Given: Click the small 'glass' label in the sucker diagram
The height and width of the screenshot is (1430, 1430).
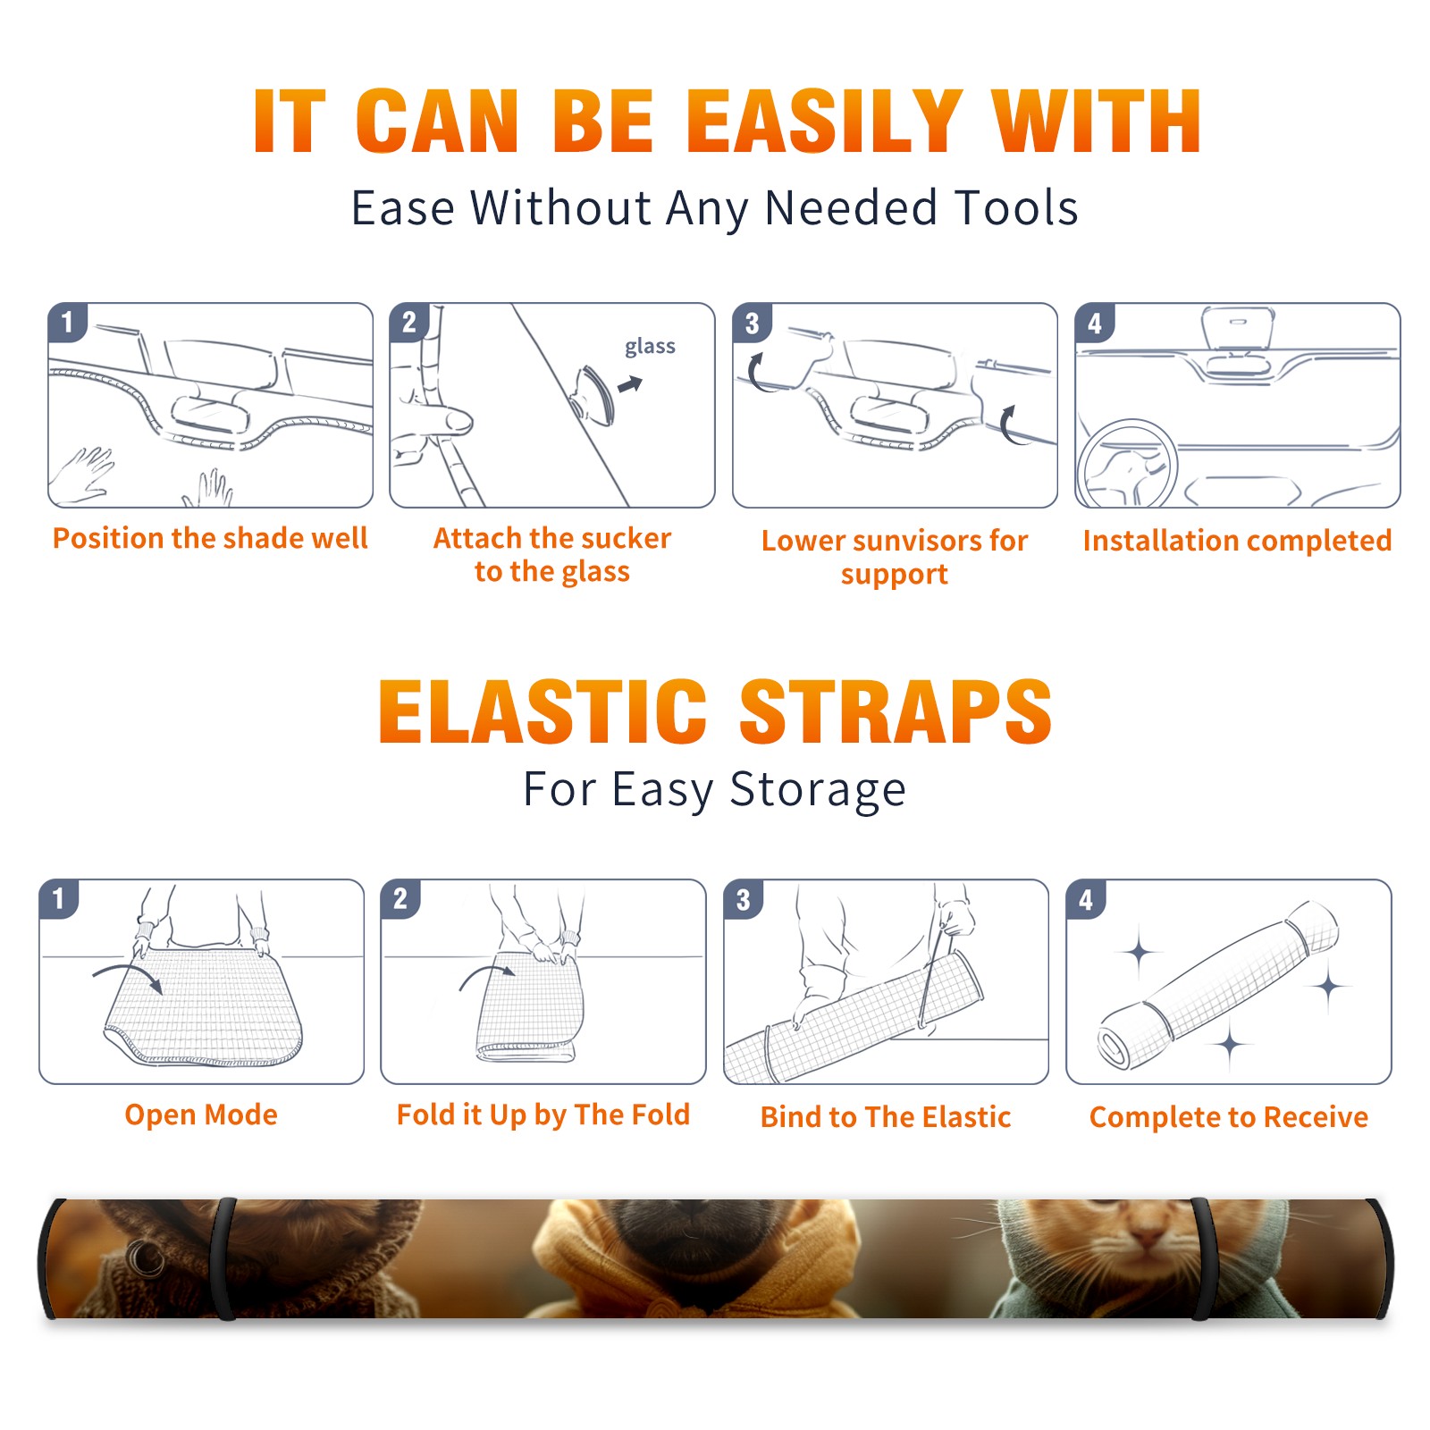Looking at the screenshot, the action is pos(650,347).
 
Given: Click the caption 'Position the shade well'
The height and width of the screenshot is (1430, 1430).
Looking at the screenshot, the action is pos(210,538).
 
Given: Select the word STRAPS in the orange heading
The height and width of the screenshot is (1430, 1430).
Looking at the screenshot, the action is pos(895,711).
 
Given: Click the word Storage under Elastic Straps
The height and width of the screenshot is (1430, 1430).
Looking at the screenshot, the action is pos(818,790).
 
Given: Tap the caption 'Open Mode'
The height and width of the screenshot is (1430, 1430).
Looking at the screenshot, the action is pos(201,1115).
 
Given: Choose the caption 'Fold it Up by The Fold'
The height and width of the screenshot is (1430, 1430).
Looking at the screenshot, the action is pos(543,1115).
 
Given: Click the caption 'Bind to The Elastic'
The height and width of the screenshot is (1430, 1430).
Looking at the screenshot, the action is pos(886,1117).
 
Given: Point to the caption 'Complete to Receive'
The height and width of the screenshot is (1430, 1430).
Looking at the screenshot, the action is pos(1229,1117).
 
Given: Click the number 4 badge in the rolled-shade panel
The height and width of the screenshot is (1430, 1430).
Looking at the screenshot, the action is pos(1086,899).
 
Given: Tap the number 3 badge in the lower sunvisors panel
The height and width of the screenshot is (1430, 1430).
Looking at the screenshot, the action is pos(752,323).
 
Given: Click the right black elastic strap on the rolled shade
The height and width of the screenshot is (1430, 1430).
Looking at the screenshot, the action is pos(1202,1258).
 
